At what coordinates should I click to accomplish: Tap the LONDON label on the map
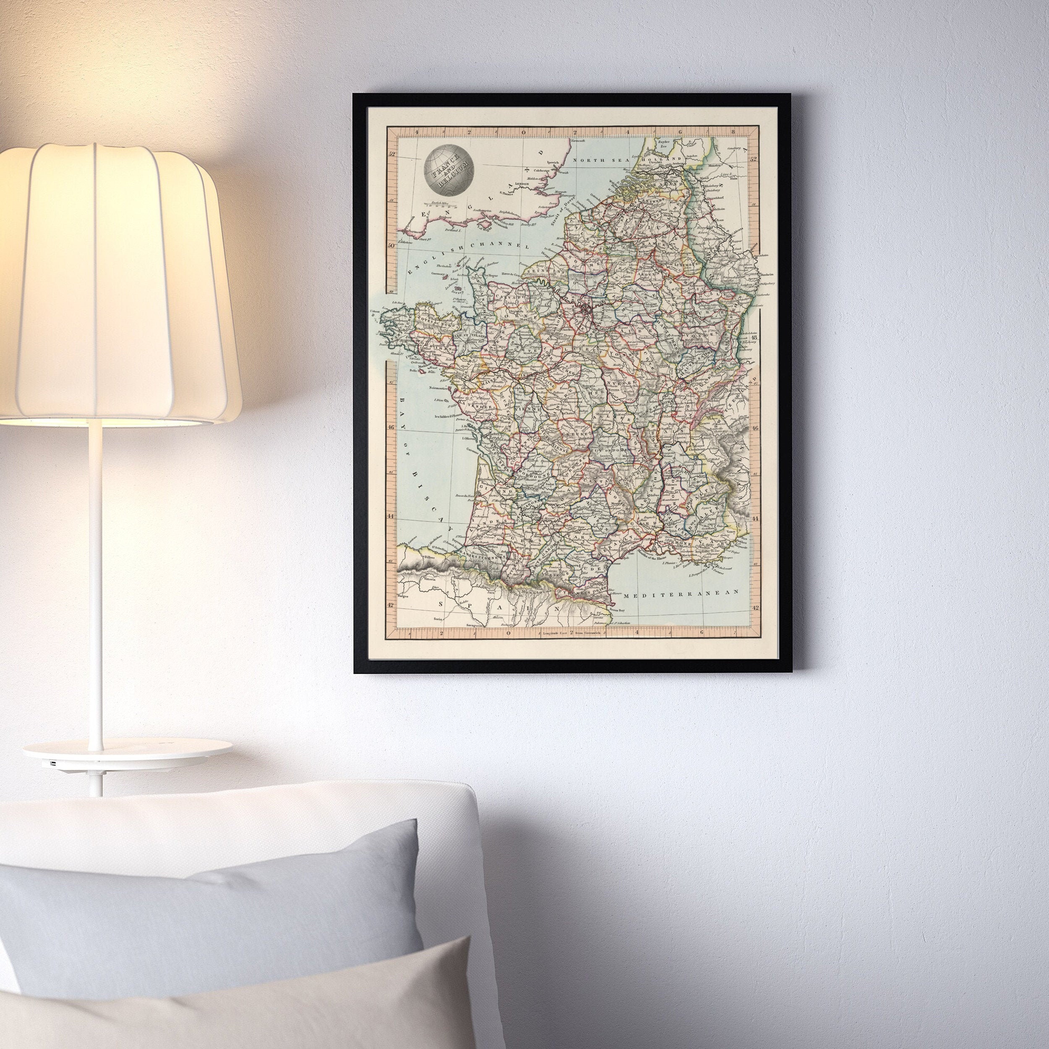[521, 184]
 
